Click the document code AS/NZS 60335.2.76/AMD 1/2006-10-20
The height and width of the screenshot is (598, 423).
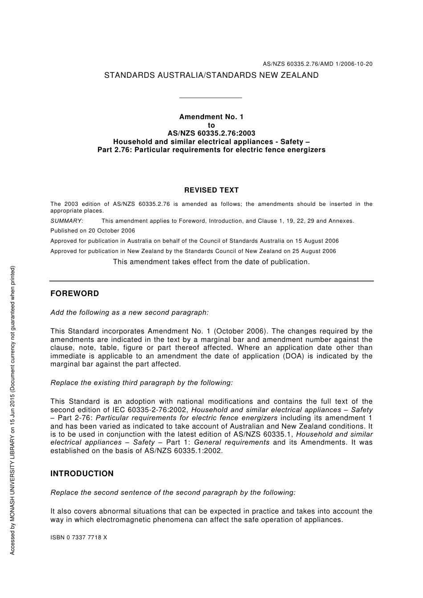pos(317,64)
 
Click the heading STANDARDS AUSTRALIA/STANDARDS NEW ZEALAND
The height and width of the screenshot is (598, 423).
pos(211,76)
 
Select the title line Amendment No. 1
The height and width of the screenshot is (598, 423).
pos(211,117)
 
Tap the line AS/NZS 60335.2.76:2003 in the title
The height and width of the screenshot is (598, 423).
pos(211,133)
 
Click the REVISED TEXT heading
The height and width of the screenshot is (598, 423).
pos(211,190)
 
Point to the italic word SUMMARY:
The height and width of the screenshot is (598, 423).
pos(67,221)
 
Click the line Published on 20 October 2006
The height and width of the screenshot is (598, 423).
pos(93,231)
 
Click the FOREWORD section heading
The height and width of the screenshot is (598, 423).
pos(75,294)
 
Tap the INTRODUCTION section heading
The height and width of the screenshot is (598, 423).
pos(82,474)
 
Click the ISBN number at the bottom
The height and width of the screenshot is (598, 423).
pos(79,538)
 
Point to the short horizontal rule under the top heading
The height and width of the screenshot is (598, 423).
pos(210,98)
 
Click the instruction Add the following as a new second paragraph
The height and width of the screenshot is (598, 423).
pos(130,313)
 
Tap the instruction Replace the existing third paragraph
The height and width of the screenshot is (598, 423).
pos(142,383)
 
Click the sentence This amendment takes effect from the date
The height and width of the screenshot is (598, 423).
pos(211,262)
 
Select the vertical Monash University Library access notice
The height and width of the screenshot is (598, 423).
pos(12,410)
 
